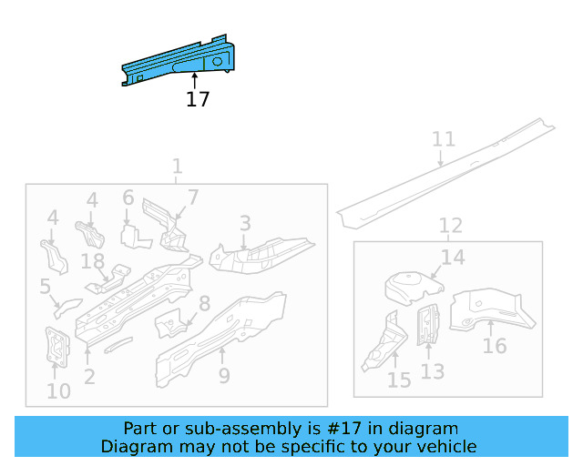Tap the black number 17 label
pos(198,99)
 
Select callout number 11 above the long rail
pos(443,139)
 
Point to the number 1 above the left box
pos(177,167)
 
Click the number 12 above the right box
pos(450,226)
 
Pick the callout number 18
pos(93,262)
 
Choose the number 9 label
pos(224,375)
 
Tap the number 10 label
pos(58,392)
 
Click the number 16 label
pos(495,346)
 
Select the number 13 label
pos(432,371)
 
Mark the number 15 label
pos(399,380)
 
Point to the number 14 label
pos(453,258)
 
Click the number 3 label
pos(245,223)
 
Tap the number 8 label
pos(205,304)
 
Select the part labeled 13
pos(426,325)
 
